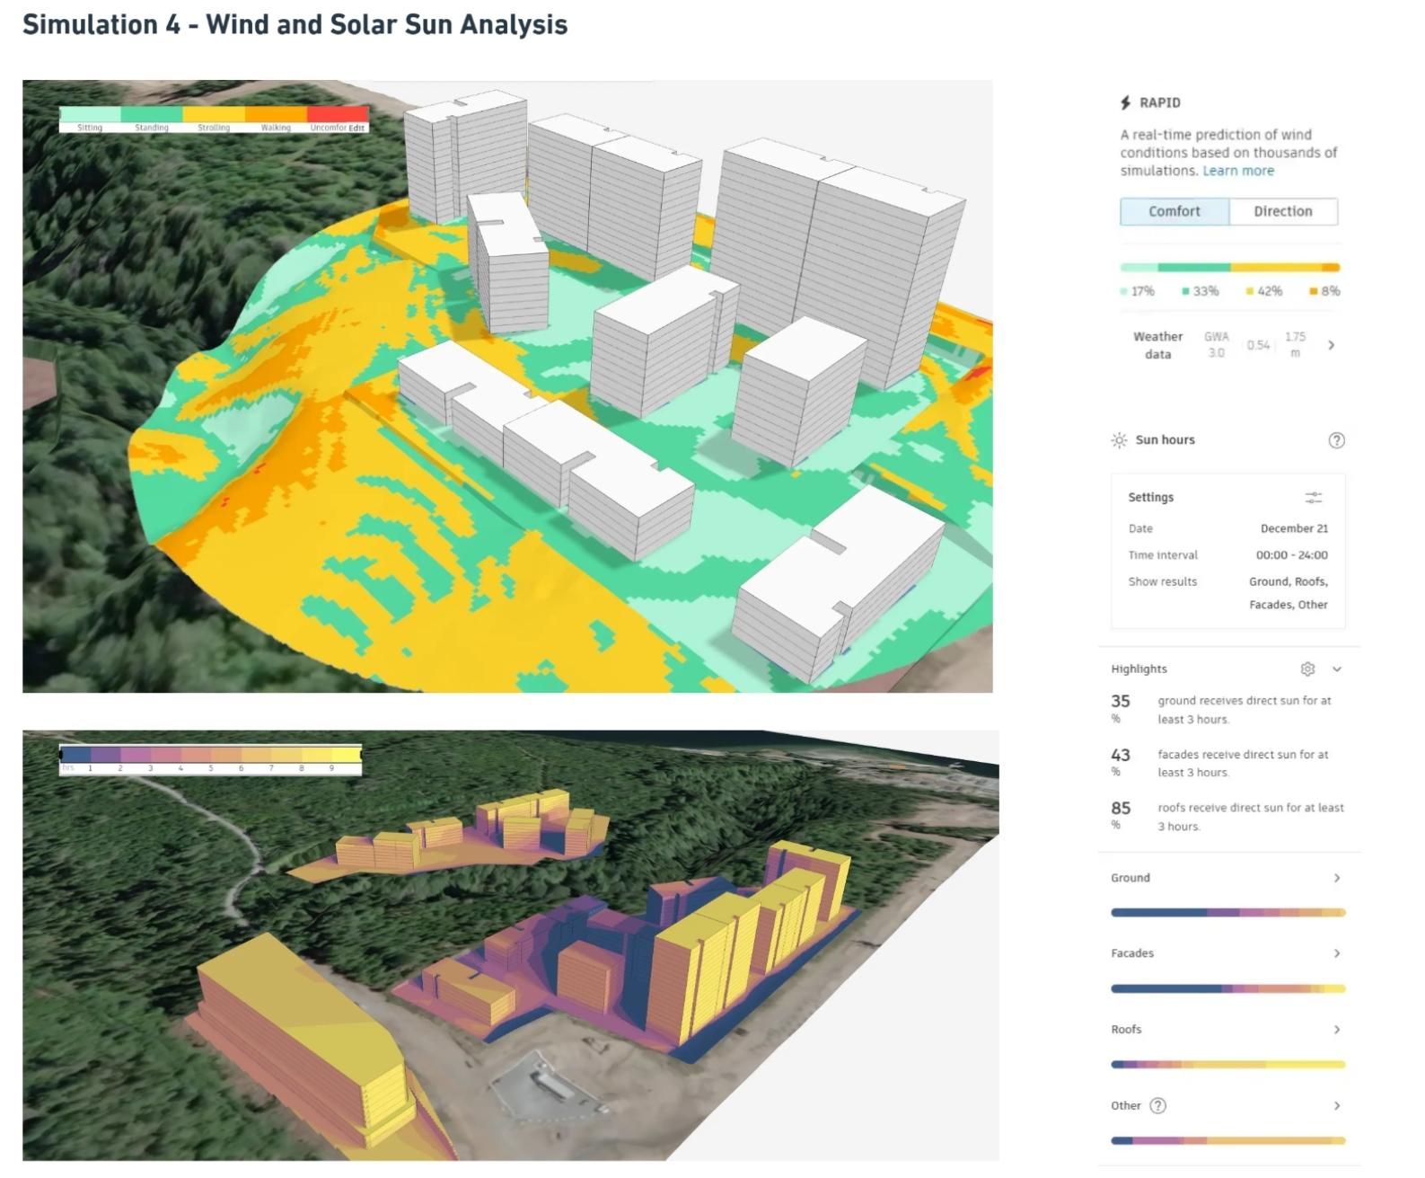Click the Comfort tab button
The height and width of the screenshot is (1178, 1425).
[x=1174, y=211]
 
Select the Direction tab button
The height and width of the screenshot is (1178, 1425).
[x=1282, y=211]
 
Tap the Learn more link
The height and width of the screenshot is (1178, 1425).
[x=1238, y=171]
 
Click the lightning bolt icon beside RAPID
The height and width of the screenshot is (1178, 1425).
[x=1125, y=102]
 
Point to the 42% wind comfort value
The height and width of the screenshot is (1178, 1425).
[x=1269, y=291]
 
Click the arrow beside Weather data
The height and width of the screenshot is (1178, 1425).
[x=1331, y=345]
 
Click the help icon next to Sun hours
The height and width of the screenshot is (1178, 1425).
[x=1336, y=440]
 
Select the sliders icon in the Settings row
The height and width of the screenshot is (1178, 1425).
[x=1313, y=497]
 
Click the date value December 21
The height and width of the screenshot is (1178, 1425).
[x=1294, y=528]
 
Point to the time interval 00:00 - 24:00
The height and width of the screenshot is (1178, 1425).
[x=1291, y=555]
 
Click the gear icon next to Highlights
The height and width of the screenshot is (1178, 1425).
[x=1307, y=669]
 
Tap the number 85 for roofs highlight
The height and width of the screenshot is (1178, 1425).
[x=1121, y=809]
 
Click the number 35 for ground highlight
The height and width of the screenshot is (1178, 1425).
[x=1121, y=701]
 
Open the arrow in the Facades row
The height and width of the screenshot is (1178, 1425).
[x=1336, y=953]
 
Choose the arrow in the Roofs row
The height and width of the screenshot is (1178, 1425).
[x=1336, y=1030]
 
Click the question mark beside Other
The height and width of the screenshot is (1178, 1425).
[x=1158, y=1106]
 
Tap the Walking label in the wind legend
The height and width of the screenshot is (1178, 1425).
[x=276, y=128]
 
